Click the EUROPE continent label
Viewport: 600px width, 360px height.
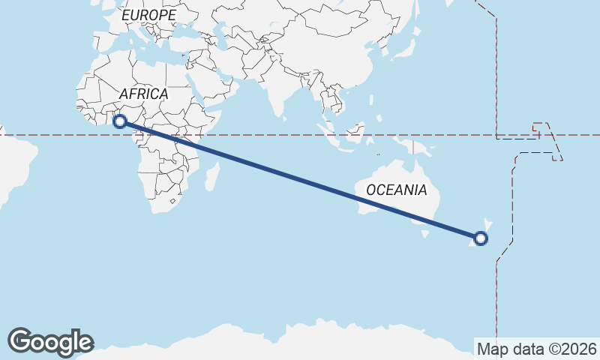coord(148,15)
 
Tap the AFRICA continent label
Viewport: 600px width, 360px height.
coord(143,94)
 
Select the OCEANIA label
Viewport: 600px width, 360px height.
coord(396,190)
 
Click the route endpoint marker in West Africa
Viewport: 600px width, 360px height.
coord(119,121)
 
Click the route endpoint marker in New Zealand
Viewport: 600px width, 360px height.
coord(481,239)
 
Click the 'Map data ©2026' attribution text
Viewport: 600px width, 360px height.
coord(536,349)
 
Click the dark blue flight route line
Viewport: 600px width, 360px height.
coord(300,180)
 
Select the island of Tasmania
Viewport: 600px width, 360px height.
coord(426,233)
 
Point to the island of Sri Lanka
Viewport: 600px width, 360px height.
coord(285,114)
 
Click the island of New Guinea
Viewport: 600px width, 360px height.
coord(417,147)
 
